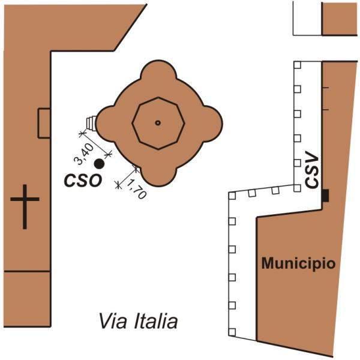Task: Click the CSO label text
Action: pos(83,181)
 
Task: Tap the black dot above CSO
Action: pos(99,164)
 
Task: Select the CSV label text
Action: pos(312,172)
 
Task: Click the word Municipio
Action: pos(298,263)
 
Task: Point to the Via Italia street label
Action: pos(138,321)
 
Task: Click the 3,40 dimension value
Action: pos(84,154)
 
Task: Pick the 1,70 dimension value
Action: pos(136,189)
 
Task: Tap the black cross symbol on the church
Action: pos(25,206)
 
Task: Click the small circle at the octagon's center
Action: pos(158,123)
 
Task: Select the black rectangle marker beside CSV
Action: pos(325,196)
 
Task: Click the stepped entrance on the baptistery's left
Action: pos(91,123)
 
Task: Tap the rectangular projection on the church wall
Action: pos(44,123)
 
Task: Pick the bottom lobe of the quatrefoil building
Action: pos(158,176)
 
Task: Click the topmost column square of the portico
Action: pos(298,65)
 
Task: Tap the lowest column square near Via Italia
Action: pos(232,332)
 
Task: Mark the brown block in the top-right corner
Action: pos(340,19)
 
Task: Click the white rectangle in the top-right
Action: pos(307,19)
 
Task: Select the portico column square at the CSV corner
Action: pos(298,188)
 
